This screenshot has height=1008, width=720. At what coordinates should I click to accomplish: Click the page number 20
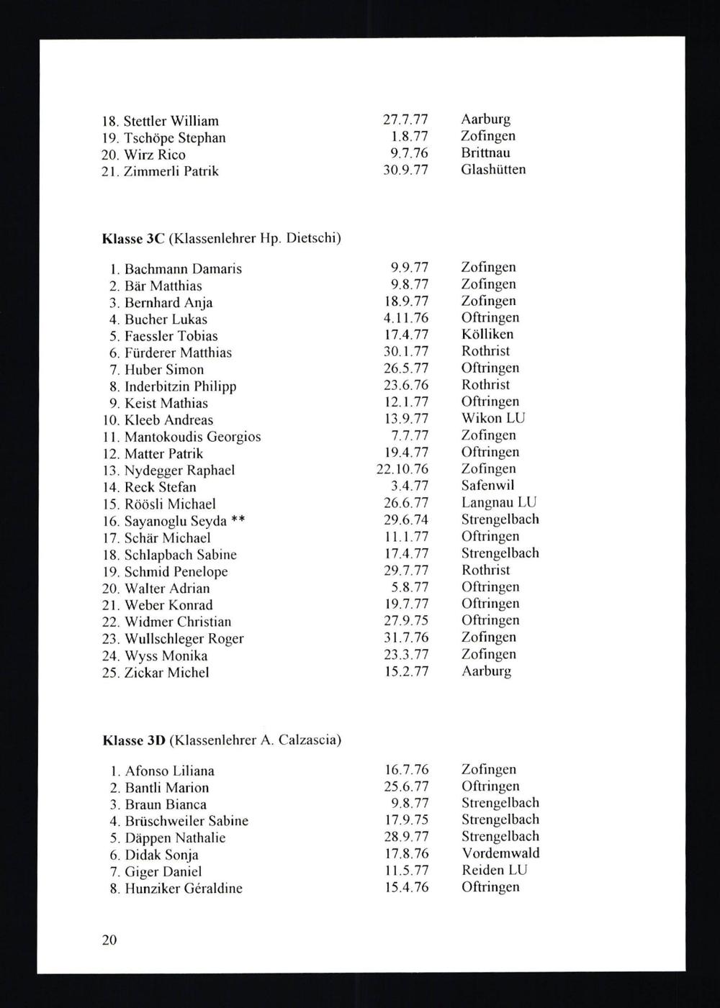(x=109, y=940)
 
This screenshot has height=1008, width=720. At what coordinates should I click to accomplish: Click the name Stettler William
(x=171, y=121)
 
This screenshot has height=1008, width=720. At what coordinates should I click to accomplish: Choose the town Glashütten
(x=493, y=170)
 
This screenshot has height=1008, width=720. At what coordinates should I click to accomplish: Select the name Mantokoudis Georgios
(x=192, y=437)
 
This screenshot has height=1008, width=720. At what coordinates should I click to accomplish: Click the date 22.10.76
(x=402, y=470)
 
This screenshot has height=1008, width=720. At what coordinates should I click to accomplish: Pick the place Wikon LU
(x=493, y=418)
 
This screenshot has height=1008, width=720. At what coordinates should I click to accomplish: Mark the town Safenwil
(x=487, y=486)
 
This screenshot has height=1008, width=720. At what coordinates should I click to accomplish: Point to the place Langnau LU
(x=499, y=502)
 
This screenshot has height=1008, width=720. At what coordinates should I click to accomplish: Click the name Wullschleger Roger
(x=184, y=639)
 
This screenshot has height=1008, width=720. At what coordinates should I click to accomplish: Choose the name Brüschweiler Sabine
(x=186, y=821)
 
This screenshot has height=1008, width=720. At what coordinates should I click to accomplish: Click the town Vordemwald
(x=500, y=853)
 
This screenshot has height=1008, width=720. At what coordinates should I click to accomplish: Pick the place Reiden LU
(x=494, y=870)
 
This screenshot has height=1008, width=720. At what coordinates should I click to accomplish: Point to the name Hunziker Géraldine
(x=183, y=889)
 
